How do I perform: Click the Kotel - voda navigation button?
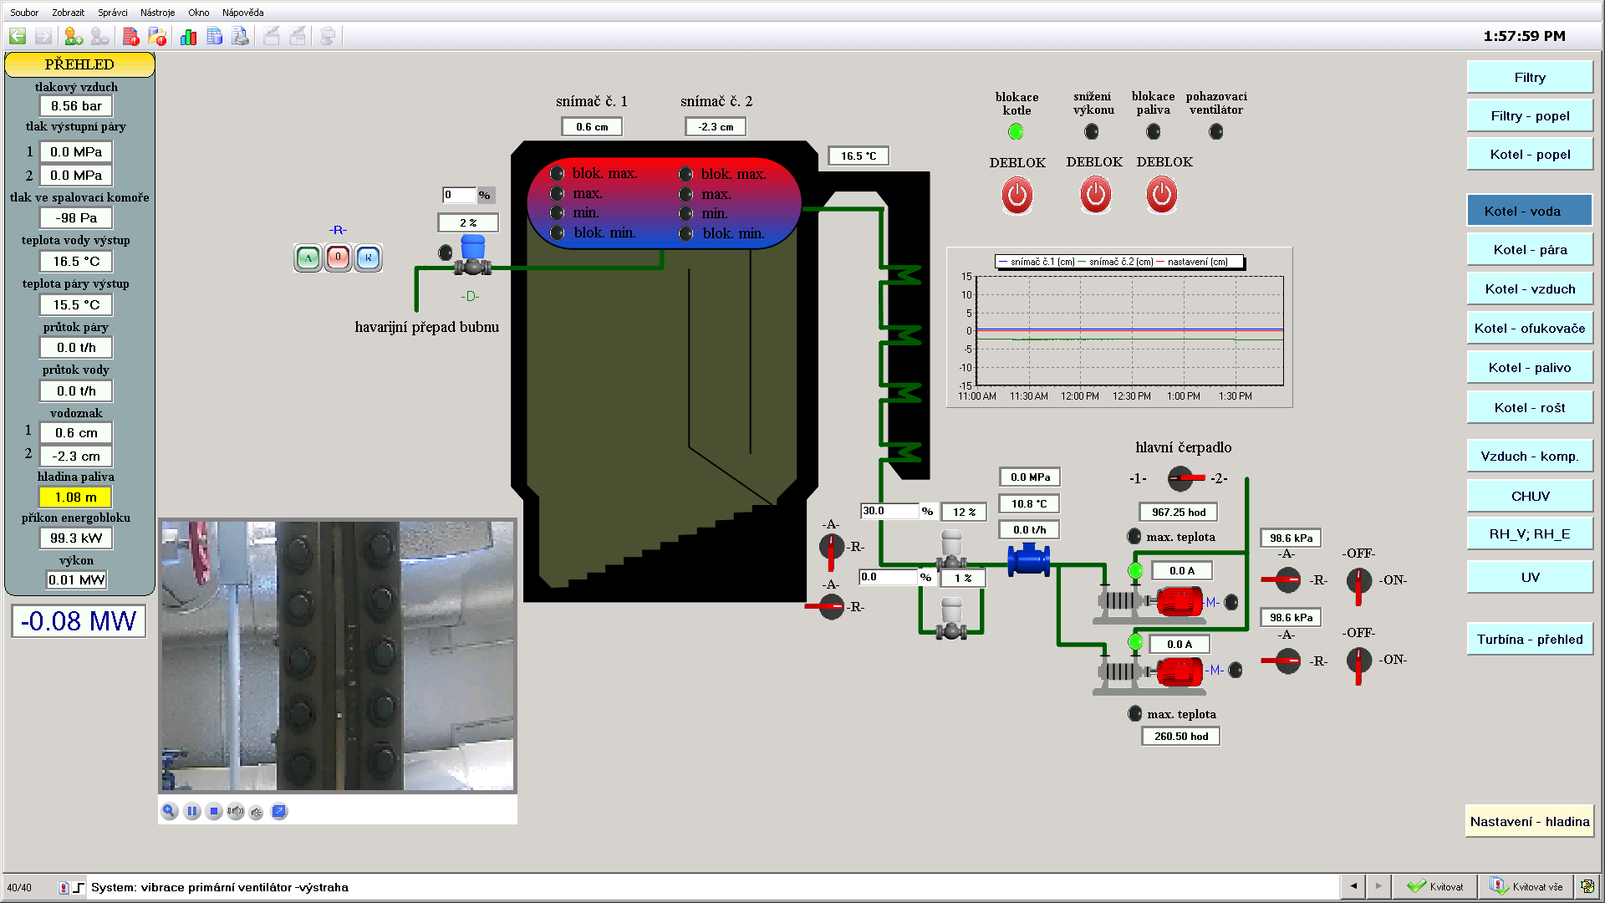1529,211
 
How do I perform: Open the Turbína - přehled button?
1529,640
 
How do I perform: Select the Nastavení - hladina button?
1529,822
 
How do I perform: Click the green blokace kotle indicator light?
1016,131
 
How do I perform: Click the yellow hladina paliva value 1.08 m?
75,497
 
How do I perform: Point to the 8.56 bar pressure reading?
76,106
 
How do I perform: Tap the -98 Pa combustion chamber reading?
76,218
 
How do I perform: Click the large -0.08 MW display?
79,621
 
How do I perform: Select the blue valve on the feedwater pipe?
1028,559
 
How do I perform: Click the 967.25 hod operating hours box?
1179,513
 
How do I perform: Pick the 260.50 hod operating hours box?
1181,737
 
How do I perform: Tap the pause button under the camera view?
192,811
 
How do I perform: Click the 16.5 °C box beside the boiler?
859,156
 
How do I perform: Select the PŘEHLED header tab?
79,64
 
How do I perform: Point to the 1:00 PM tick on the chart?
1183,396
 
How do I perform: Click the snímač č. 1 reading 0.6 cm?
592,127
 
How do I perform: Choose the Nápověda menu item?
242,13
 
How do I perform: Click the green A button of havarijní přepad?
308,258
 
